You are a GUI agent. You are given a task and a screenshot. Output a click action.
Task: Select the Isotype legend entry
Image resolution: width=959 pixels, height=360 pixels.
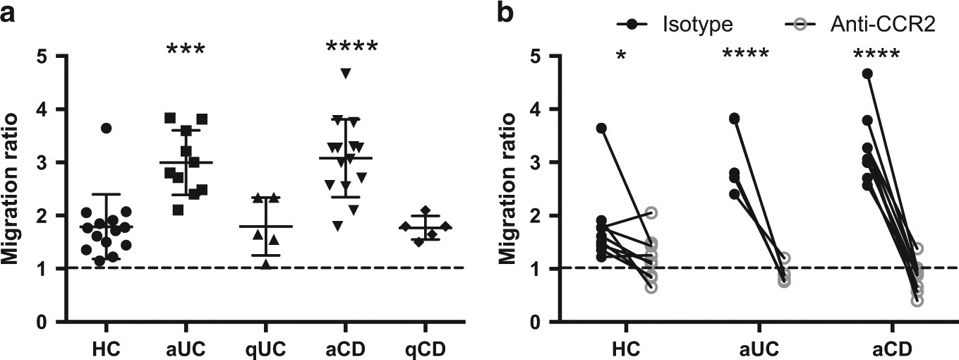[698, 25]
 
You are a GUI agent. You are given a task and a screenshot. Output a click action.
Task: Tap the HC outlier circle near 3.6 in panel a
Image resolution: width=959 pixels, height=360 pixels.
[106, 128]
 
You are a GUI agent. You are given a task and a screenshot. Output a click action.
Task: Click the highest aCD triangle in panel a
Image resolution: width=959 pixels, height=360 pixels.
[345, 73]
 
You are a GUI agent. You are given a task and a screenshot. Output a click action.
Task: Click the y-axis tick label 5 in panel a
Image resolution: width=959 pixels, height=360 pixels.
[42, 56]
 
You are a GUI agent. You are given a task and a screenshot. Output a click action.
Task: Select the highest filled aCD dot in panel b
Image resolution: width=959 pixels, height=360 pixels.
[867, 74]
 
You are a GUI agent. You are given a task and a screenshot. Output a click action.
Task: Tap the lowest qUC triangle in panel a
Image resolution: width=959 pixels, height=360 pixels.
[265, 264]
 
